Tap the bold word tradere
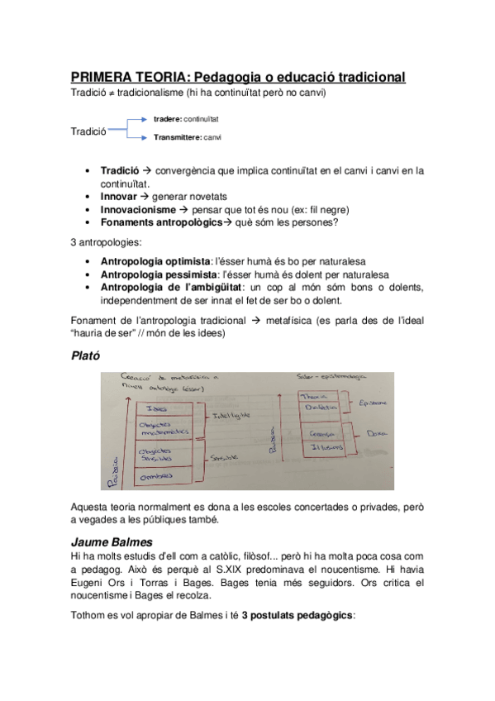click(167, 120)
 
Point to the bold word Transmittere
click(177, 137)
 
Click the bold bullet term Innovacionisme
click(138, 210)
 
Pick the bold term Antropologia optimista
click(154, 261)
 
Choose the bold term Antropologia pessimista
click(157, 274)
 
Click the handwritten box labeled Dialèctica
click(313, 411)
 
